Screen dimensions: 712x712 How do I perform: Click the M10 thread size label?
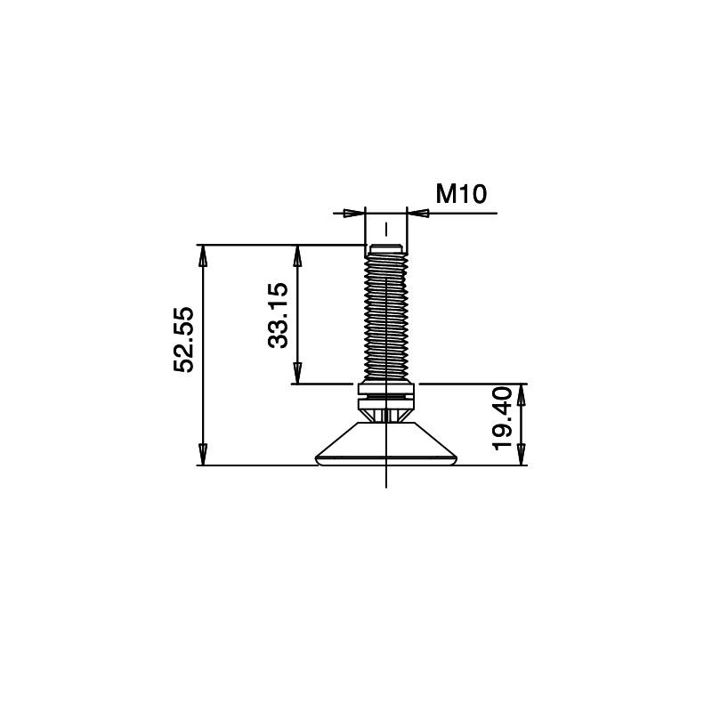(x=461, y=193)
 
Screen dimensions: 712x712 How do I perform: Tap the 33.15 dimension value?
(x=279, y=315)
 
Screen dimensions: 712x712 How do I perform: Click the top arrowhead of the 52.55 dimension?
(x=203, y=254)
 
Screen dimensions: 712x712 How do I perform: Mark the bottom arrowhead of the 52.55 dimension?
(x=203, y=456)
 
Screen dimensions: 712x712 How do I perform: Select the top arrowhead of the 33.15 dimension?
(x=298, y=255)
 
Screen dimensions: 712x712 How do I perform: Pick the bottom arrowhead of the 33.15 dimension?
(x=298, y=375)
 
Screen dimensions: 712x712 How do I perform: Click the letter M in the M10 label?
(x=446, y=193)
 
